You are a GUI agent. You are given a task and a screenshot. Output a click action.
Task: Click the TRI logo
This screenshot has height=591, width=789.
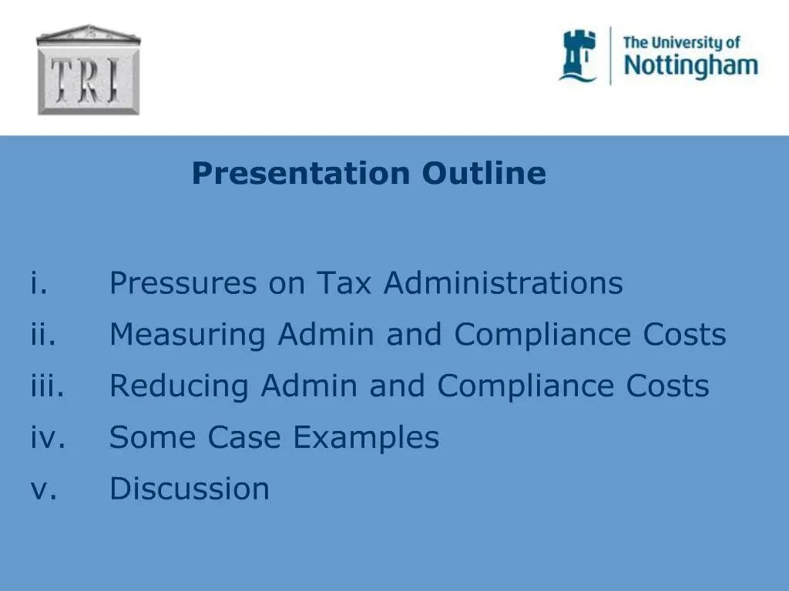click(x=89, y=70)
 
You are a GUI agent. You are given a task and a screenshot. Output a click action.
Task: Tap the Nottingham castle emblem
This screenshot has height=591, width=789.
click(x=578, y=55)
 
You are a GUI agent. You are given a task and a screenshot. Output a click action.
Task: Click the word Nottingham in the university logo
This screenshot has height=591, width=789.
click(x=690, y=65)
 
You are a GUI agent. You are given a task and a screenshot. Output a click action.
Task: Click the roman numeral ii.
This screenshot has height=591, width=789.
click(x=44, y=335)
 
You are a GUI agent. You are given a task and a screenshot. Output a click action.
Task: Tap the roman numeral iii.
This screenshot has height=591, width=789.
click(x=48, y=386)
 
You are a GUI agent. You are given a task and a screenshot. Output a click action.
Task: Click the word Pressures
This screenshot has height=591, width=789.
click(x=183, y=283)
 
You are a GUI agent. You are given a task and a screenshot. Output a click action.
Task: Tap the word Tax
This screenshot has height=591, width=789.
click(x=346, y=283)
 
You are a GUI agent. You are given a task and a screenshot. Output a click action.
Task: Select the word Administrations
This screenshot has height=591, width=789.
click(x=503, y=283)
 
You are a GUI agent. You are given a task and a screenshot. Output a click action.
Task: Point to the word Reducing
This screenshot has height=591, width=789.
click(x=180, y=386)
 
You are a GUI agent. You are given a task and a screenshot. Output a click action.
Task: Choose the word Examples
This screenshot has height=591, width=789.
click(x=366, y=438)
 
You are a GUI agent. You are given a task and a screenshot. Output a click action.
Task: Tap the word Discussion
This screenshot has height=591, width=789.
click(x=190, y=489)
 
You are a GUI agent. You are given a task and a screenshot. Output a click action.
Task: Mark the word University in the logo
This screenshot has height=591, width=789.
click(x=692, y=42)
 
